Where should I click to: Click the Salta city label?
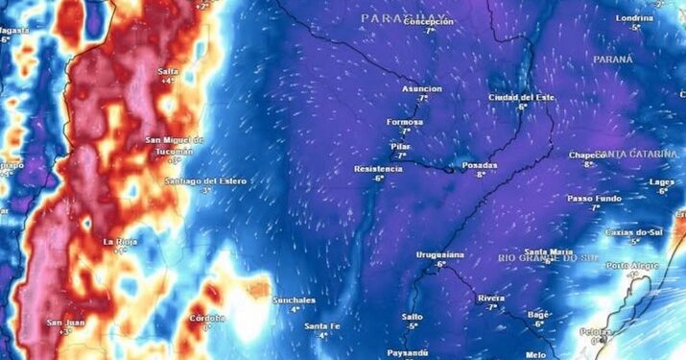168,70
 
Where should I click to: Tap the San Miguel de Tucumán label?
176,145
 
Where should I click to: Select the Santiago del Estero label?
204,180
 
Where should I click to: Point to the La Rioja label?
121,241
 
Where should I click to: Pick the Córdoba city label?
207,318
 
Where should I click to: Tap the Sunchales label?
294,300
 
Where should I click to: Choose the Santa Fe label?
322,326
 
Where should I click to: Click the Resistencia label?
378,169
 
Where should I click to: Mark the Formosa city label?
404,122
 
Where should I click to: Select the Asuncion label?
421,88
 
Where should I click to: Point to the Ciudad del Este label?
522,97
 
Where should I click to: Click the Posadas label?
480,165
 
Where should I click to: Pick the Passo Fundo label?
594,198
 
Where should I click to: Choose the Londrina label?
634,18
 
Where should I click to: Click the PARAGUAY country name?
405,18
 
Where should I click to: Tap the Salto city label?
412,316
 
